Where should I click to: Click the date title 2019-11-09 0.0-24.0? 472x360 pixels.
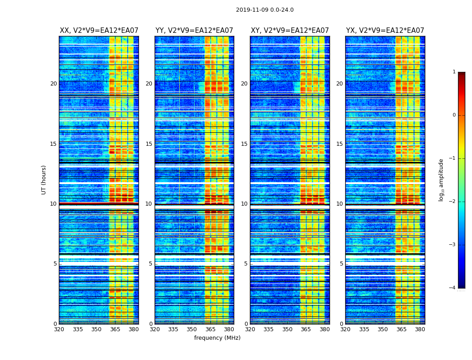click(265, 10)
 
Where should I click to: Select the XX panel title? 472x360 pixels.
click(99, 31)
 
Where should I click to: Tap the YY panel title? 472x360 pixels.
click(194, 31)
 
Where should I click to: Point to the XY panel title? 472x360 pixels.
click(289, 31)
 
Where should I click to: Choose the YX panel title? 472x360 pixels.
click(385, 31)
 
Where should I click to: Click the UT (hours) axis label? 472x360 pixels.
click(44, 180)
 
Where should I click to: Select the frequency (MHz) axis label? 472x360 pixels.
click(217, 338)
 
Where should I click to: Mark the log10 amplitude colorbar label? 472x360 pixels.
click(441, 180)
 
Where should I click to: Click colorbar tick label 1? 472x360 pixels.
click(454, 72)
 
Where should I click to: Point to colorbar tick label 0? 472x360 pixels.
click(454, 115)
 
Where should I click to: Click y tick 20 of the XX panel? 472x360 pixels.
click(53, 84)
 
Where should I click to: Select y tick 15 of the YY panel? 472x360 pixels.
click(149, 144)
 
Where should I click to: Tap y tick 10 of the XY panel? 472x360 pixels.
click(244, 204)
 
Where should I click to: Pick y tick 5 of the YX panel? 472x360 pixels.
click(341, 264)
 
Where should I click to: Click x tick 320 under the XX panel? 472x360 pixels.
click(59, 329)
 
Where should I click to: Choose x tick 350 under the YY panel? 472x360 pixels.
click(192, 329)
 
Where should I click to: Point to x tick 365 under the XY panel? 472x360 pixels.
click(306, 329)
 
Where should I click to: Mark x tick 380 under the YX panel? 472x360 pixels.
click(420, 329)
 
